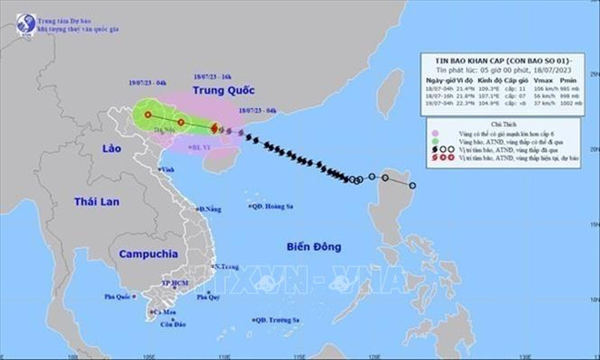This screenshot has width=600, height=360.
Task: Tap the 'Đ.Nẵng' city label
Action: (x=211, y=209)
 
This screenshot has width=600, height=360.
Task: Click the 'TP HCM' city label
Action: (x=173, y=283)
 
